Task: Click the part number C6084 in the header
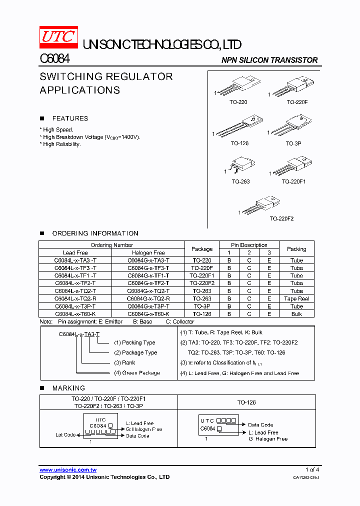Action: [x=54, y=59]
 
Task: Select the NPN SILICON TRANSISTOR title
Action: [x=269, y=60]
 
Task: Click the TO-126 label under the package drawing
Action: [x=239, y=143]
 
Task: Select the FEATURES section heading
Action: [x=70, y=118]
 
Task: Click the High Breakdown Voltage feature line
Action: [x=91, y=137]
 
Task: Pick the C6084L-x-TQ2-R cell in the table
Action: [x=75, y=298]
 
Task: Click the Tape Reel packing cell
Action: [x=296, y=298]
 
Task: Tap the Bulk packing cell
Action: [x=296, y=314]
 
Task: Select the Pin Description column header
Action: [x=249, y=245]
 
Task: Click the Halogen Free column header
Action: [x=148, y=253]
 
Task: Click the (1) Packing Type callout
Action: [x=134, y=343]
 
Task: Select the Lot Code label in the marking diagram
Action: [x=65, y=435]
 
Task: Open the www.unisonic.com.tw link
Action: [x=68, y=470]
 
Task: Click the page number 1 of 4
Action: [x=312, y=469]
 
